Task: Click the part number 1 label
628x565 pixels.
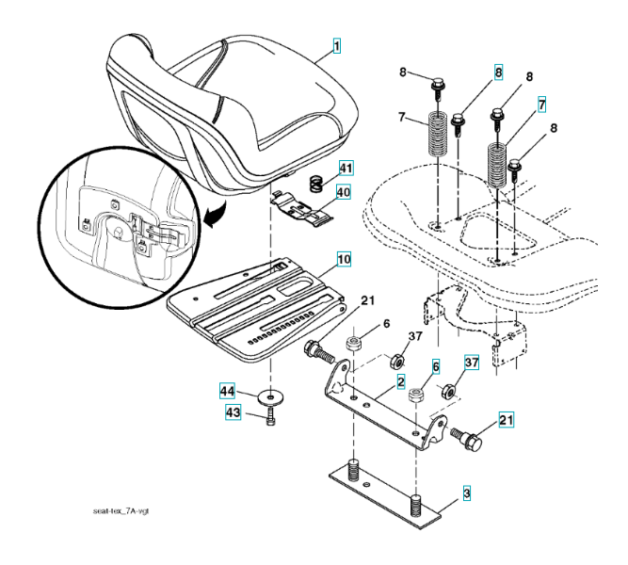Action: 335,44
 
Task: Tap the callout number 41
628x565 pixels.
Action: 346,169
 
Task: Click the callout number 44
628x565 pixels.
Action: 227,391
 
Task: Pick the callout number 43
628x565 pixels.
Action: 232,413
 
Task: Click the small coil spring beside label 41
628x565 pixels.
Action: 319,177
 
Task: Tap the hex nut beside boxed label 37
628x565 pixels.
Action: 450,388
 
